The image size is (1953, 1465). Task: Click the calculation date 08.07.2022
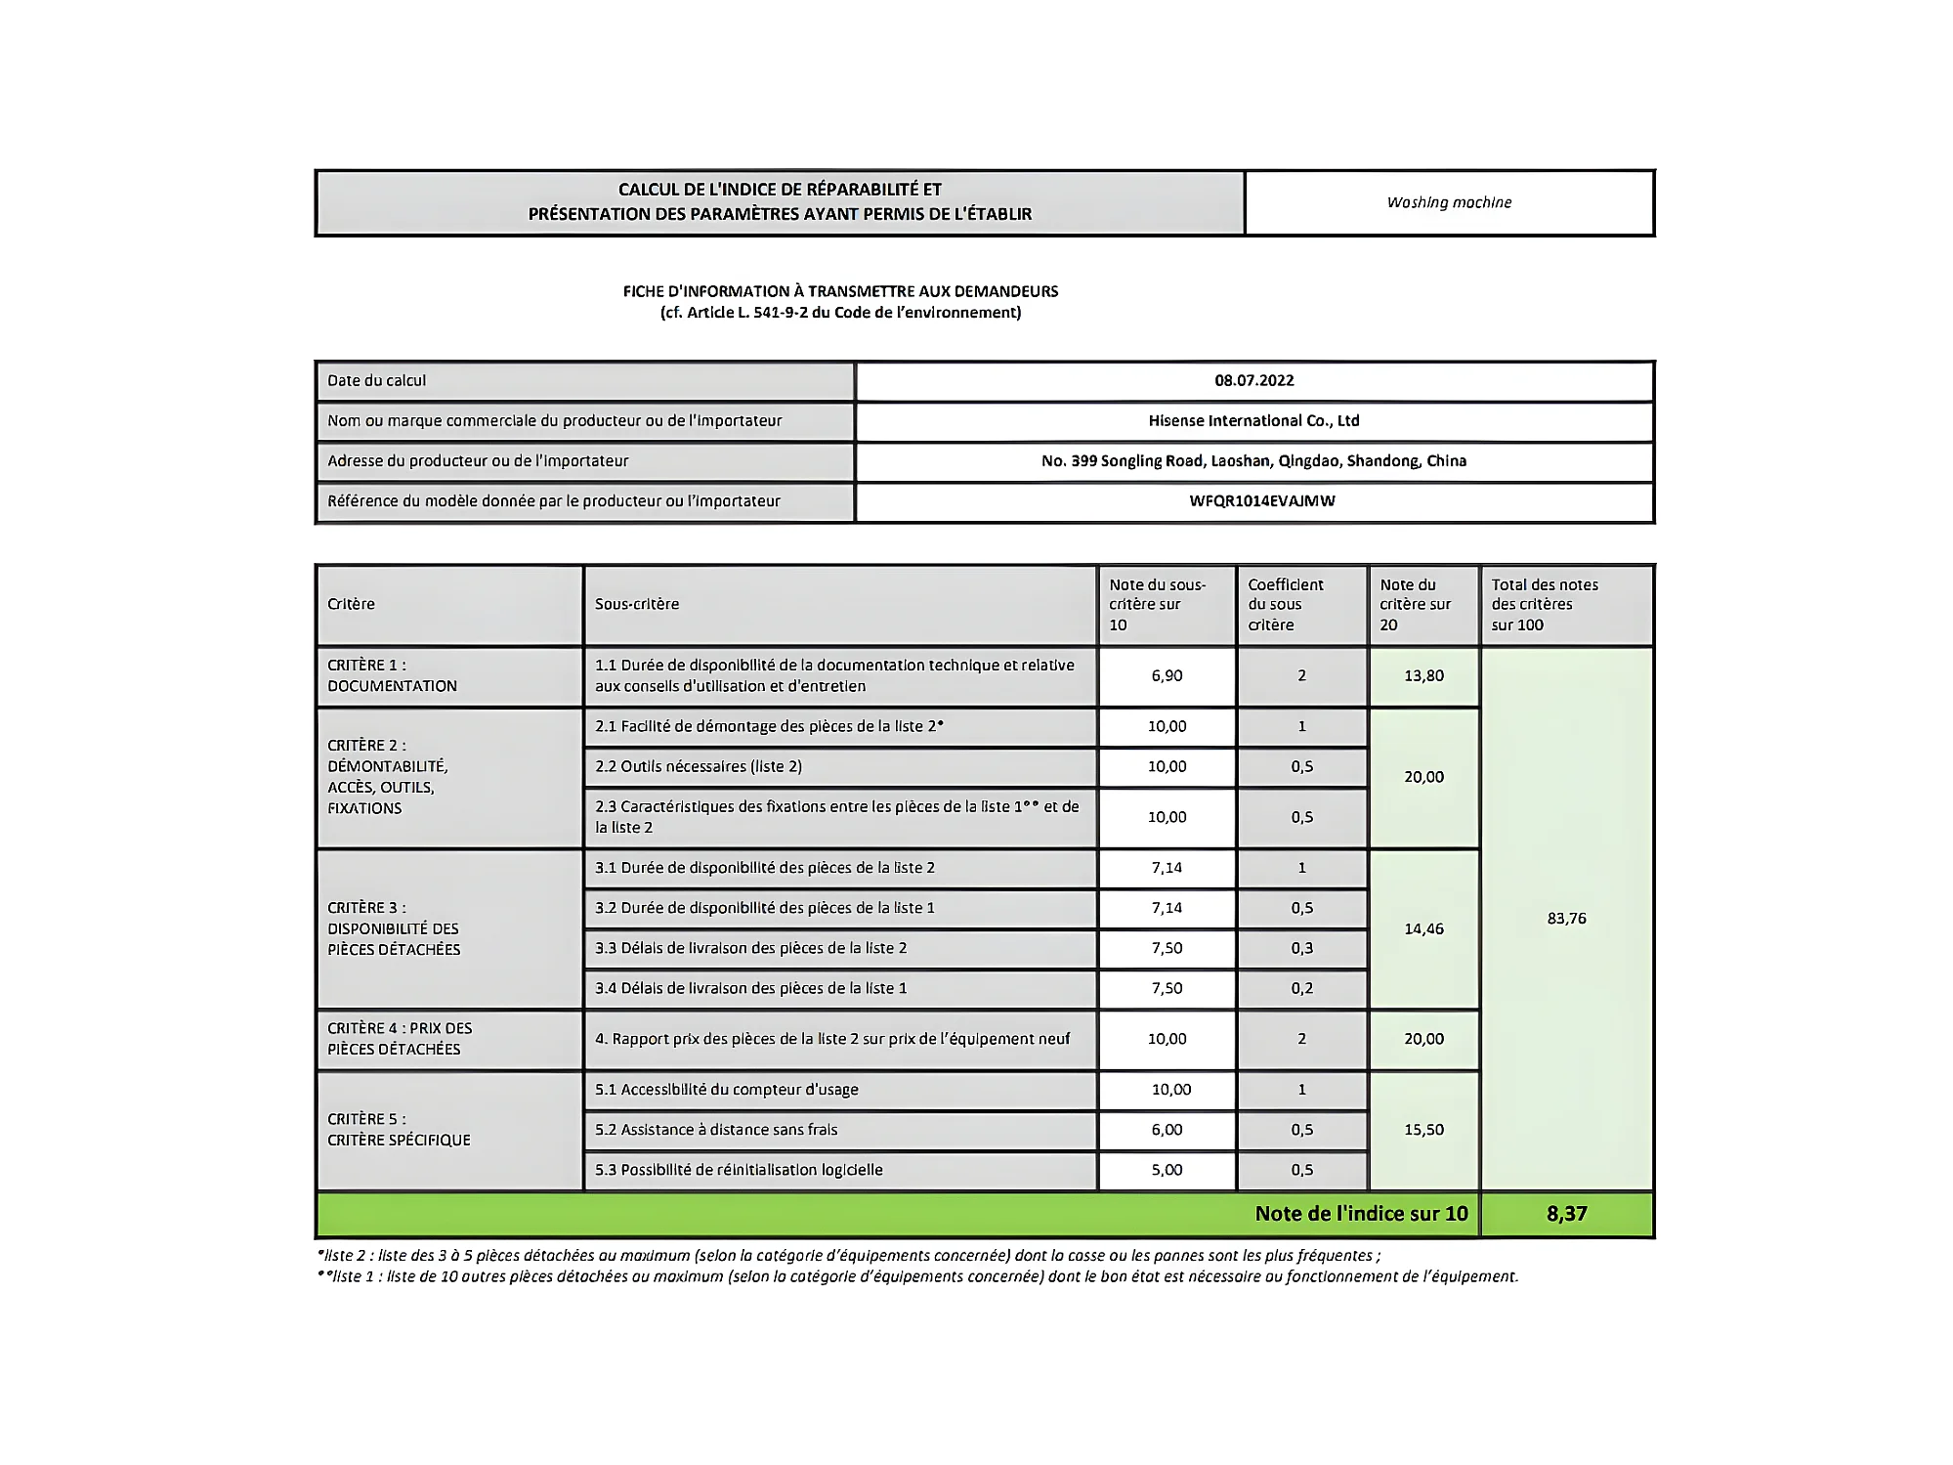click(1253, 380)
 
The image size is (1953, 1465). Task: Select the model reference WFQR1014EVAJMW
click(1261, 500)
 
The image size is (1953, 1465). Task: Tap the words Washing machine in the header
click(1449, 202)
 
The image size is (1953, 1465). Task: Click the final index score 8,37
click(1566, 1213)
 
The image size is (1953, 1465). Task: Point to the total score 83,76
click(1566, 918)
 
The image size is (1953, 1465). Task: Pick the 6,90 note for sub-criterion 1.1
click(1167, 675)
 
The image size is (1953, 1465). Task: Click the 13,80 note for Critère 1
click(1423, 675)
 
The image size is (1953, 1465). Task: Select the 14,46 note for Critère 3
click(1423, 928)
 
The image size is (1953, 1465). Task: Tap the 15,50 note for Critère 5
click(1423, 1129)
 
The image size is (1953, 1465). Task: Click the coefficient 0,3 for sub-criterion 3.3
click(1301, 948)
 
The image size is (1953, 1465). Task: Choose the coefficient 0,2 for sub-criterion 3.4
click(1301, 988)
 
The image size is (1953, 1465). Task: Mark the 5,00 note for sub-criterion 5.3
click(1167, 1169)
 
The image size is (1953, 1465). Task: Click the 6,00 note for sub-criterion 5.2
click(1167, 1129)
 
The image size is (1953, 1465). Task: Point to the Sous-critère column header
click(637, 604)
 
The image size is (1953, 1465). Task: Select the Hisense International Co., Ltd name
click(1253, 420)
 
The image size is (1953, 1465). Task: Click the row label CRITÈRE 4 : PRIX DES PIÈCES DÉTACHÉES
click(400, 1038)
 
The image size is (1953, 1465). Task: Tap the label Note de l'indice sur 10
click(1361, 1213)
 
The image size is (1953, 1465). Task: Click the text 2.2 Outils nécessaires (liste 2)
click(699, 766)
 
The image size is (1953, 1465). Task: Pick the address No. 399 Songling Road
click(1253, 460)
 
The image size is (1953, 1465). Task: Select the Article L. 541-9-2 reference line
click(840, 313)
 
